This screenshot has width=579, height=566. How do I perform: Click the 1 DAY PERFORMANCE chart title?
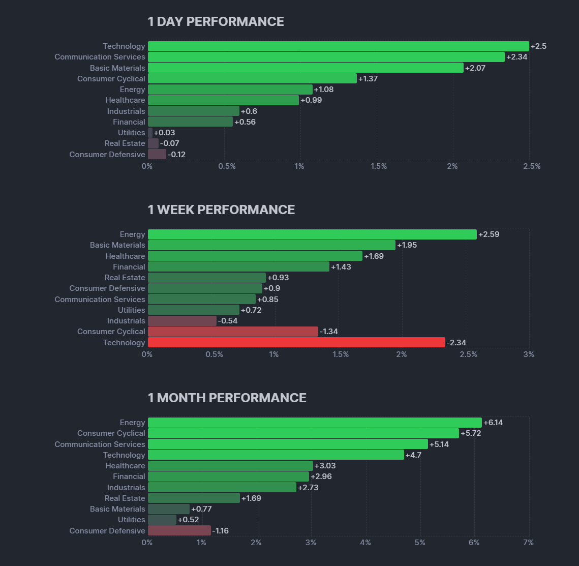click(x=216, y=22)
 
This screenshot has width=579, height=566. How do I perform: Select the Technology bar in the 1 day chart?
click(x=338, y=46)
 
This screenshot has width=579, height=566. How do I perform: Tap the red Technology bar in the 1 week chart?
click(x=296, y=343)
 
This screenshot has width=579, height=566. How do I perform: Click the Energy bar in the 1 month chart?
click(x=315, y=423)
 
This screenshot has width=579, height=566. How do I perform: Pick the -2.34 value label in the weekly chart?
click(x=456, y=343)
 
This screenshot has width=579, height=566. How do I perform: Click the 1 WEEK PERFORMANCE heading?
click(x=221, y=210)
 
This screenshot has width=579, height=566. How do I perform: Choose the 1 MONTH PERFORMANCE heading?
click(x=227, y=398)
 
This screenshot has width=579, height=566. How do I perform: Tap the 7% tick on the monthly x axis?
click(x=528, y=543)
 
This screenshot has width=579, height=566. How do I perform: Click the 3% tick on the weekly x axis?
click(x=529, y=354)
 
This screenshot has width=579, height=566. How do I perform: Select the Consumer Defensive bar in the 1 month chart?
click(x=179, y=531)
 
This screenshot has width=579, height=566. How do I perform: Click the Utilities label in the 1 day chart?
click(x=131, y=133)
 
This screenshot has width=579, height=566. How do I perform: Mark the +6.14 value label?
click(x=493, y=423)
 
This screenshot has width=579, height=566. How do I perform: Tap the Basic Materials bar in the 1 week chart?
click(x=271, y=245)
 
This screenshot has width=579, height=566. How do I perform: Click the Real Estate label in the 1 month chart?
click(x=125, y=498)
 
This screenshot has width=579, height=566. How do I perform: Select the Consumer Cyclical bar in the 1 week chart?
click(x=233, y=332)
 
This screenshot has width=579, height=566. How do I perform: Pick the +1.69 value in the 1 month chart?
click(x=251, y=498)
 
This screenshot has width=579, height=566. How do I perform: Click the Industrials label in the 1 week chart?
click(x=126, y=321)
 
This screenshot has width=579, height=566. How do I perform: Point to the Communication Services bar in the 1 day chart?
click(x=326, y=57)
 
